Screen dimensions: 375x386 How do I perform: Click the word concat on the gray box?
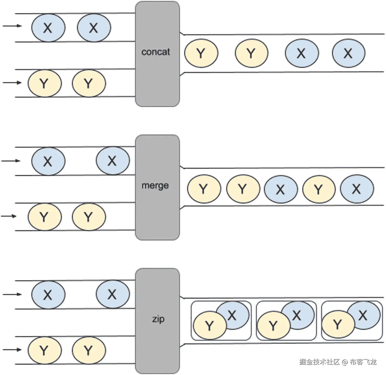tap(155, 52)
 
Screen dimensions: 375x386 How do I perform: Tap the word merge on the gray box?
tap(155, 186)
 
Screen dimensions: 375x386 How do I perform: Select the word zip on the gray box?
tap(158, 319)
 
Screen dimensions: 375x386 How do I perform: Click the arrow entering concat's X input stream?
tap(12, 26)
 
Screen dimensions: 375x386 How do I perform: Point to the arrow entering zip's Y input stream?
tap(12, 349)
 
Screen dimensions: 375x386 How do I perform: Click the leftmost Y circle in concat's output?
tap(201, 53)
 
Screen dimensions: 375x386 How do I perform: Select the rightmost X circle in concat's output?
tap(348, 53)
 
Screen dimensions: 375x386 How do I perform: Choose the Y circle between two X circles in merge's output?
tap(319, 189)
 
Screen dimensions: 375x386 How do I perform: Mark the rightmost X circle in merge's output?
tap(357, 189)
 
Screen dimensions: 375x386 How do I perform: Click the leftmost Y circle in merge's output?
tap(204, 189)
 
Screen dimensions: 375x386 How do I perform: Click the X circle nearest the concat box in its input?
tap(94, 28)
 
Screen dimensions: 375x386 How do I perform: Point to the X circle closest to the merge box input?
tap(112, 161)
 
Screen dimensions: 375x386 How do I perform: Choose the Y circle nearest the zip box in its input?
tap(89, 350)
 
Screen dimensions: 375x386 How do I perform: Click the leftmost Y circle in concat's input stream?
tap(44, 83)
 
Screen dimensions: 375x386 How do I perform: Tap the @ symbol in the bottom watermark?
tap(344, 362)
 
